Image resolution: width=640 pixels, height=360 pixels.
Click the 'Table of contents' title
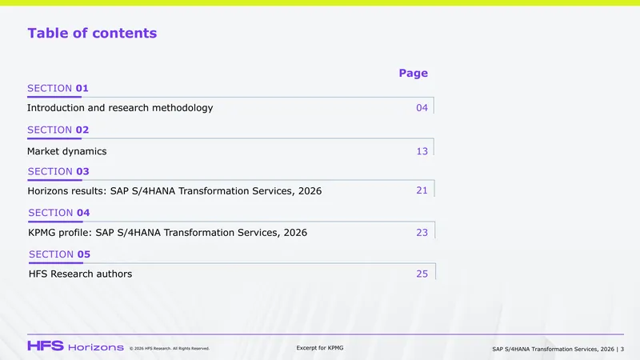(92, 33)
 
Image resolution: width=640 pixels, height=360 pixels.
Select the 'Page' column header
(414, 73)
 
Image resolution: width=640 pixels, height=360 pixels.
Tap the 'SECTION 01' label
(58, 88)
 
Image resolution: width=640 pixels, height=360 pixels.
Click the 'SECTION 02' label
(58, 130)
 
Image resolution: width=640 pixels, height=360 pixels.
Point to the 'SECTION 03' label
(58, 171)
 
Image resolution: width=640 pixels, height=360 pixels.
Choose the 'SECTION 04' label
(58, 213)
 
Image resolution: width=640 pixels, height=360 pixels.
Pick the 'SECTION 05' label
(59, 254)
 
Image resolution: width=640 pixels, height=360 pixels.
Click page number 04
(422, 108)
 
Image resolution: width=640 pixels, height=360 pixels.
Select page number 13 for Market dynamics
(422, 151)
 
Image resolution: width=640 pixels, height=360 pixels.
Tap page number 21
(422, 190)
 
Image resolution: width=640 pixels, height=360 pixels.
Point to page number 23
(422, 232)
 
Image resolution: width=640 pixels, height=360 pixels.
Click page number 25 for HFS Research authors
(422, 274)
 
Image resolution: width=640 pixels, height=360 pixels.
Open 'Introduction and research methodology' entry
(120, 108)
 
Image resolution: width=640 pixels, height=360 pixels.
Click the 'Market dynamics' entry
(67, 151)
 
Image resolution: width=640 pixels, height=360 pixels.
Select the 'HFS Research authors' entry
(81, 274)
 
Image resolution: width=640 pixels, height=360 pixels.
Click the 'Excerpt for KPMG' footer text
(320, 348)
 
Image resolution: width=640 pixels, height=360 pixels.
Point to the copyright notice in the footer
(170, 349)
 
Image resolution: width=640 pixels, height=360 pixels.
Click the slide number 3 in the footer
(622, 349)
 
